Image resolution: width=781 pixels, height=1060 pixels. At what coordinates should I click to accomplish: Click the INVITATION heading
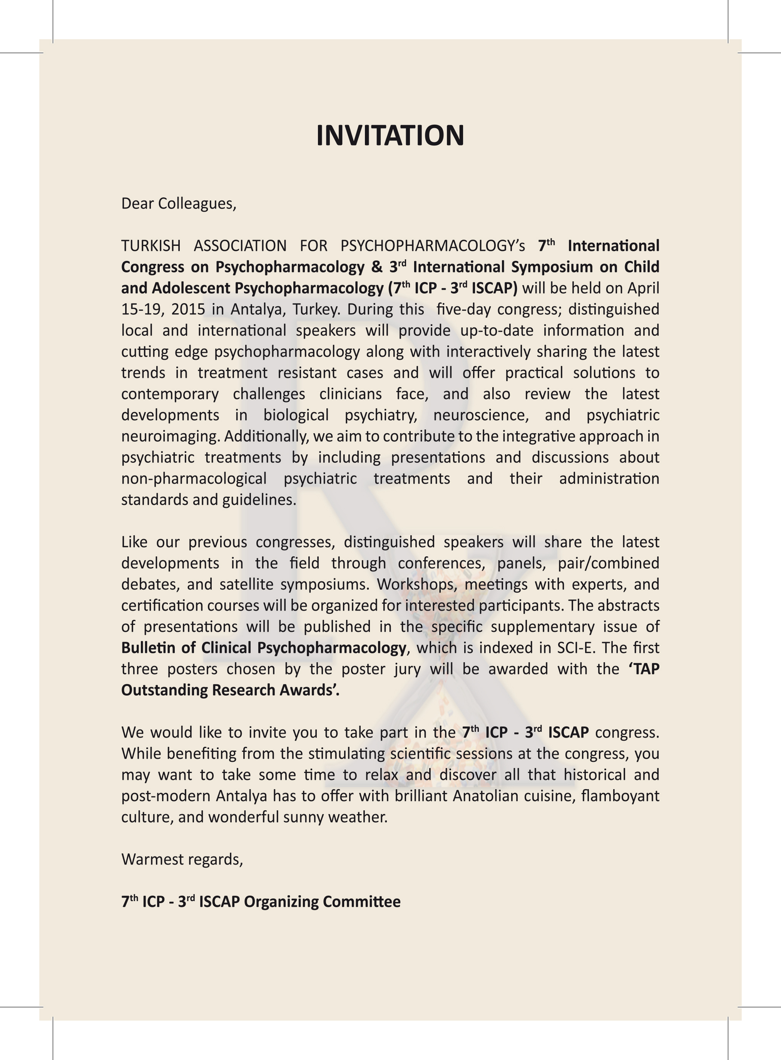click(x=390, y=136)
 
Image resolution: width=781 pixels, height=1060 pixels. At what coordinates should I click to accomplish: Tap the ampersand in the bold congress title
click(x=377, y=267)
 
